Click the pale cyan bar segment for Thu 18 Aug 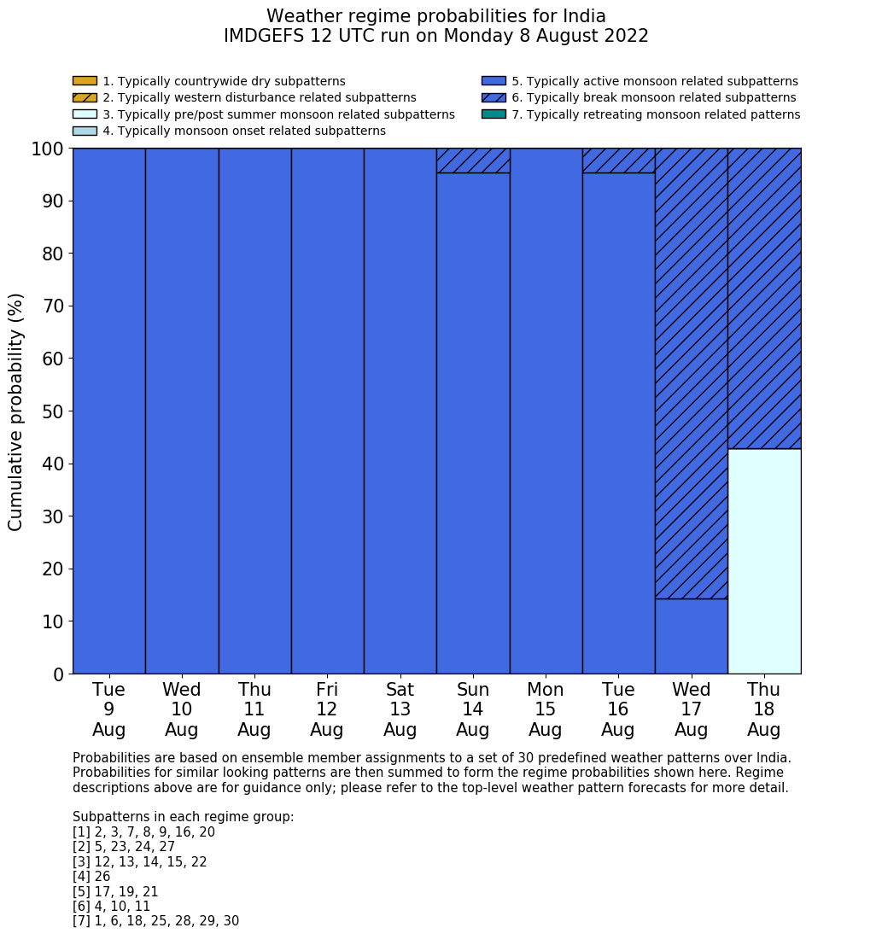click(764, 561)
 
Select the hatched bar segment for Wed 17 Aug click(691, 373)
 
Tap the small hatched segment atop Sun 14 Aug click(473, 160)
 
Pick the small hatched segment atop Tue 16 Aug click(618, 160)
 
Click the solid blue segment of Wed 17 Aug click(691, 636)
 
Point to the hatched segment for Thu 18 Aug click(764, 298)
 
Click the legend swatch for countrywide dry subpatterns click(85, 81)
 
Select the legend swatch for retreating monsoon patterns click(494, 114)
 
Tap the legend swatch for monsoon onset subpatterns click(85, 131)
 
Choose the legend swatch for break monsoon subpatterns click(494, 98)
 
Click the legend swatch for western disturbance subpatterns click(85, 98)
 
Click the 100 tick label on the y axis click(48, 149)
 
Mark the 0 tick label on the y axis click(58, 674)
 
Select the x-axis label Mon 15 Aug click(546, 709)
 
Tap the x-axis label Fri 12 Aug click(327, 709)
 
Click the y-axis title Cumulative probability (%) click(16, 411)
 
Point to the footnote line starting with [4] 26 click(91, 877)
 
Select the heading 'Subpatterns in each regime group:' click(183, 817)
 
